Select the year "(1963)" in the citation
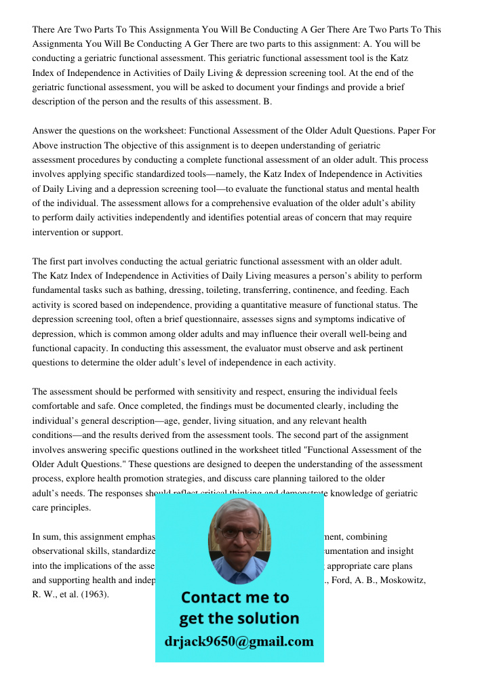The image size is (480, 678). pyautogui.click(x=94, y=595)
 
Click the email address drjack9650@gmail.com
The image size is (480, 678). pyautogui.click(x=239, y=641)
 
